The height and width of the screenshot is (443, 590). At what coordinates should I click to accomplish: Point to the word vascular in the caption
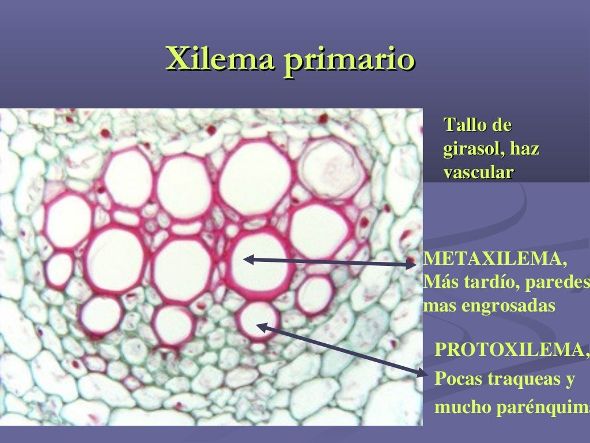(478, 172)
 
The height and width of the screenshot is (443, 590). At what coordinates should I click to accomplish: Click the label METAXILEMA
(495, 260)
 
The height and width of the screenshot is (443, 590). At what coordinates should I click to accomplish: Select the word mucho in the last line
(456, 408)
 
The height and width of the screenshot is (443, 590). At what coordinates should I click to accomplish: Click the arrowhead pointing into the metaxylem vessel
(248, 260)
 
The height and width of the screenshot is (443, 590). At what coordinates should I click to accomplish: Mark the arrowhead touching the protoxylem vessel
(260, 327)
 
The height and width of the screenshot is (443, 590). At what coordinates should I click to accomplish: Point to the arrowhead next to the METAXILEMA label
(411, 265)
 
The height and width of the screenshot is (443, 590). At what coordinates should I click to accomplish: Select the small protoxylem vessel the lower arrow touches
(257, 319)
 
